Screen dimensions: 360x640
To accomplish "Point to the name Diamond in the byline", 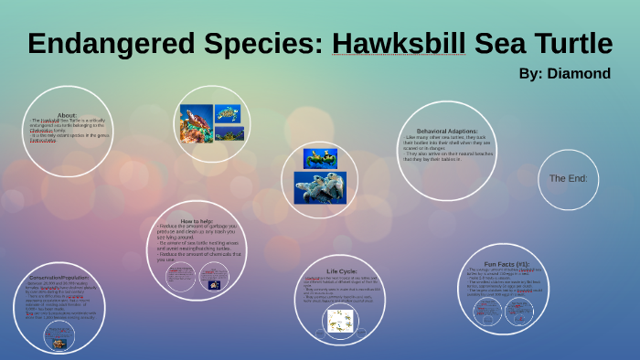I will (x=578, y=73).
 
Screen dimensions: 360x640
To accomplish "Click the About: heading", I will (x=68, y=114).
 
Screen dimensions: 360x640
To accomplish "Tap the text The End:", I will (x=568, y=178).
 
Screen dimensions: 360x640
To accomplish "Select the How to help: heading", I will (x=197, y=222).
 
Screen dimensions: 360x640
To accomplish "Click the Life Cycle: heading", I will (x=341, y=271).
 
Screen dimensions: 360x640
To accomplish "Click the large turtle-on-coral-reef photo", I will (x=197, y=122).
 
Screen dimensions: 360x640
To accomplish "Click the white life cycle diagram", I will (x=340, y=320).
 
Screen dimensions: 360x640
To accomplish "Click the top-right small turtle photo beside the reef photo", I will (x=229, y=113).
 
